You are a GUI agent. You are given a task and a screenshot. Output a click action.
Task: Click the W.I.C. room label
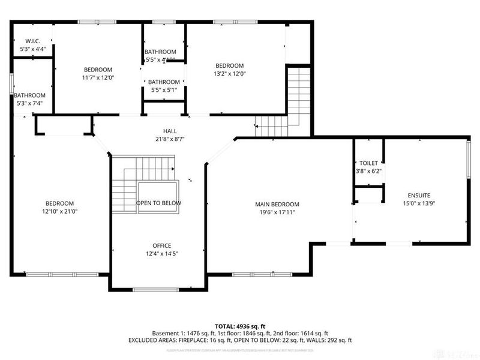click(x=32, y=41)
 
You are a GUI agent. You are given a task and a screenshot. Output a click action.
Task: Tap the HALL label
click(x=170, y=131)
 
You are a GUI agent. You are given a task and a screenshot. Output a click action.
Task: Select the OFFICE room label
click(x=161, y=245)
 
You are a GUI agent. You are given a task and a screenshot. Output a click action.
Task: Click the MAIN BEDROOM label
click(x=273, y=204)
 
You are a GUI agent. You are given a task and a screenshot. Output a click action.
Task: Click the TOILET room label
click(x=368, y=163)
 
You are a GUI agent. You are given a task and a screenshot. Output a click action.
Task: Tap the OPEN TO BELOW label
click(x=158, y=203)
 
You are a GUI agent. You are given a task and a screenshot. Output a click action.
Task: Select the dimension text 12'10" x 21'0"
click(x=59, y=211)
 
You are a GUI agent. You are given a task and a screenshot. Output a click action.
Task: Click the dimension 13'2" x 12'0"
click(x=230, y=74)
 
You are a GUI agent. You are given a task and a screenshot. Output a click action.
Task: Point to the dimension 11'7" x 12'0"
click(x=98, y=77)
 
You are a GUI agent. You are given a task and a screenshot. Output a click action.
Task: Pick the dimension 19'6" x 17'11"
click(x=273, y=212)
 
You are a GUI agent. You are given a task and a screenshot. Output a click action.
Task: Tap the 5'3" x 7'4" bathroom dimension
click(x=29, y=103)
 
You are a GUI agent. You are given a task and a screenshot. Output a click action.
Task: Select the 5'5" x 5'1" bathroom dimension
click(x=164, y=90)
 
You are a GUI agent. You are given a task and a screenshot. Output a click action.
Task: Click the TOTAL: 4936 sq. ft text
click(x=240, y=326)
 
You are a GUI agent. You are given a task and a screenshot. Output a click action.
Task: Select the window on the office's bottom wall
click(x=155, y=290)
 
